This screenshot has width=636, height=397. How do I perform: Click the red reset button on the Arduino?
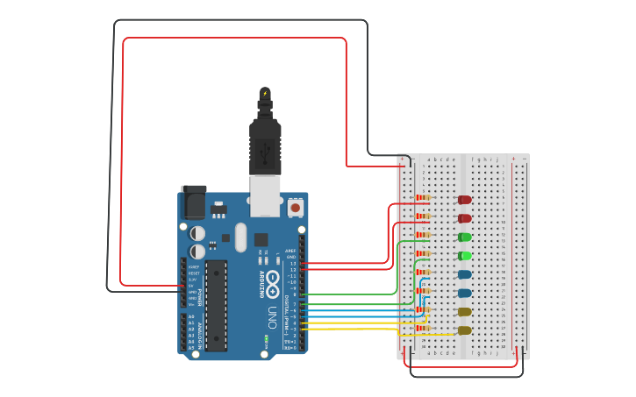pyautogui.click(x=295, y=209)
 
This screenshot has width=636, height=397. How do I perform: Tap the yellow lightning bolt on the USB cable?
pyautogui.click(x=265, y=92)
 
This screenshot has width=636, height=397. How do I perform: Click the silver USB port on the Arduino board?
pyautogui.click(x=265, y=195)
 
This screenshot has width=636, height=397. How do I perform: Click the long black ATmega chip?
pyautogui.click(x=216, y=304)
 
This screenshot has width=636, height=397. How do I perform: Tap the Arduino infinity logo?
pyautogui.click(x=272, y=282)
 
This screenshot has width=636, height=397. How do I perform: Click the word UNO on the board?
pyautogui.click(x=273, y=314)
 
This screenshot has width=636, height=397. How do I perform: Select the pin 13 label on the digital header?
pyautogui.click(x=294, y=263)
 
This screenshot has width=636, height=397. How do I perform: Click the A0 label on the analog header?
pyautogui.click(x=191, y=316)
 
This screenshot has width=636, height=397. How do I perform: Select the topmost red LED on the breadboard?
pyautogui.click(x=464, y=200)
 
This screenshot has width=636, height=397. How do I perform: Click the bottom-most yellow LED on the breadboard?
pyautogui.click(x=464, y=330)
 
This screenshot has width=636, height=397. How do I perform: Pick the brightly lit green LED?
pyautogui.click(x=464, y=256)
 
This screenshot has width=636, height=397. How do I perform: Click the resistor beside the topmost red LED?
pyautogui.click(x=423, y=199)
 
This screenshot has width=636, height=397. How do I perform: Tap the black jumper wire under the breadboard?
pyautogui.click(x=465, y=376)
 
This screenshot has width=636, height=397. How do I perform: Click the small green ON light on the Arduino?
pyautogui.click(x=265, y=338)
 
